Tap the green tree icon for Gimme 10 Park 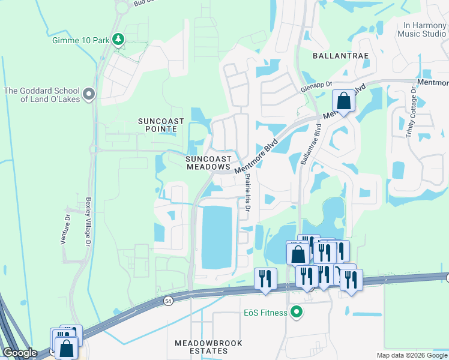pyautogui.click(x=119, y=40)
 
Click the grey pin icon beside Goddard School pyautogui.click(x=89, y=94)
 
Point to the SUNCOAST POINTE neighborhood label pyautogui.click(x=157, y=125)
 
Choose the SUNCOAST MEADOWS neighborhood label pyautogui.click(x=208, y=163)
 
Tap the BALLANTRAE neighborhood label pyautogui.click(x=340, y=55)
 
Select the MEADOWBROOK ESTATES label pyautogui.click(x=208, y=347)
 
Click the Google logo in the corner pyautogui.click(x=20, y=353)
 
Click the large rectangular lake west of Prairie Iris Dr pyautogui.click(x=216, y=236)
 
